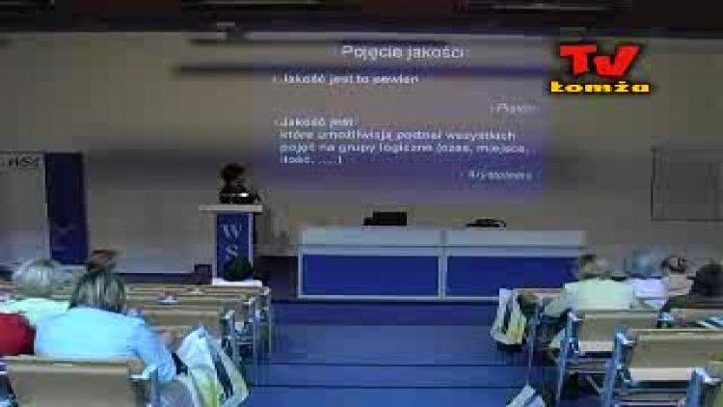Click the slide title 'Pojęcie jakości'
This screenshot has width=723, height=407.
coord(403,52)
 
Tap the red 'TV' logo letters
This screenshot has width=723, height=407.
coord(599,61)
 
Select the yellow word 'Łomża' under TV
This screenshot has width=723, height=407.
coord(600,88)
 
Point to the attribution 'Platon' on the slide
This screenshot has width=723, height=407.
coord(516,108)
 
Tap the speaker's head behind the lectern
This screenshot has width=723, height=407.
coord(232,175)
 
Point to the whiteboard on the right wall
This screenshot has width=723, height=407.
coord(686,183)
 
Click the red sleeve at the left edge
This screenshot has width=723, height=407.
coord(13,334)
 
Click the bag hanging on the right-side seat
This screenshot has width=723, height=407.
coord(508,317)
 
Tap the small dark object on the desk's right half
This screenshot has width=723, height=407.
coord(487,223)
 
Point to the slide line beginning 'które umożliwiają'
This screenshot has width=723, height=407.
coord(397,136)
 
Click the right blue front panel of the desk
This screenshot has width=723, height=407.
coord(511,275)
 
